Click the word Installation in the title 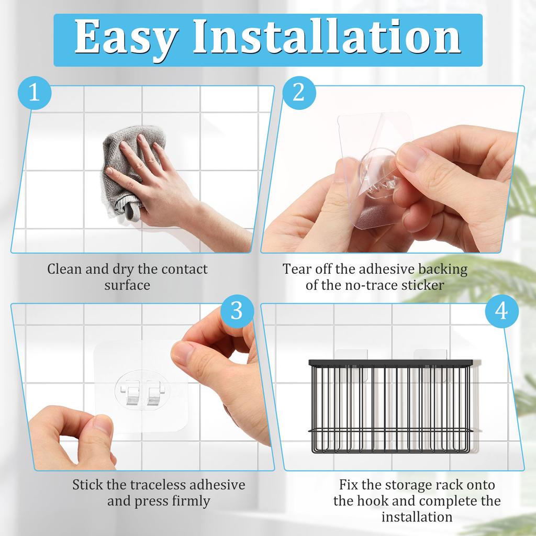(327, 38)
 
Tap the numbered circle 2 (298, 93)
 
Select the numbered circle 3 (237, 310)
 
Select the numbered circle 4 (501, 310)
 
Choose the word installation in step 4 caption (417, 517)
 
